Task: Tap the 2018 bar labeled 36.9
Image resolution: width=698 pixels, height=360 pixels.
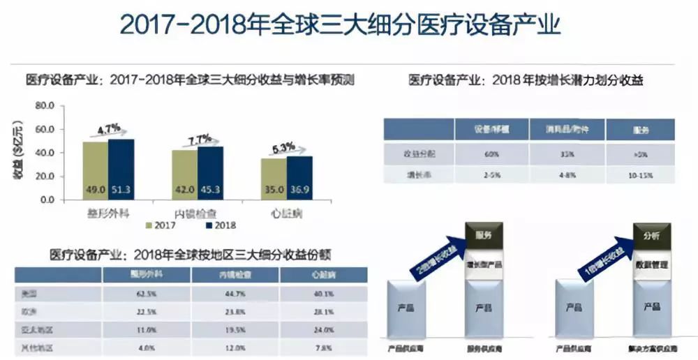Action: pos(299,178)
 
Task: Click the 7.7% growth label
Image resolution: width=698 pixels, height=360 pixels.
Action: pos(198,138)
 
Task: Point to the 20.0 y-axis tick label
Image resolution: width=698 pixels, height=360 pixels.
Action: pos(44,177)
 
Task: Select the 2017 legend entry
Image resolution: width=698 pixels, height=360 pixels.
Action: pos(162,225)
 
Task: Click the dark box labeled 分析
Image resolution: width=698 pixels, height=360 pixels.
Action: pos(652,236)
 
